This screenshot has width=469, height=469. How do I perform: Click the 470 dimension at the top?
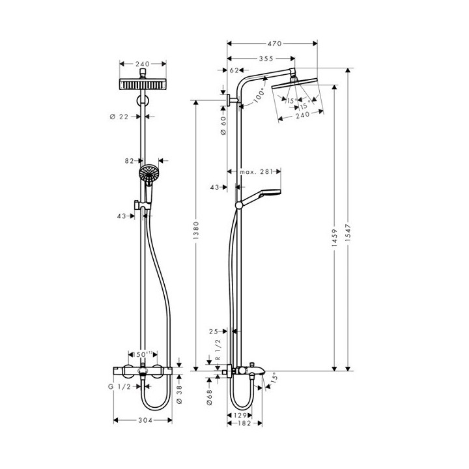(x=272, y=44)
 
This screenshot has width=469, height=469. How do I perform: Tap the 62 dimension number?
(x=233, y=70)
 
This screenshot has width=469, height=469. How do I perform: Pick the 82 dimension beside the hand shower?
(x=130, y=160)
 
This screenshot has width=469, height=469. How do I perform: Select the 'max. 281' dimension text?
(x=255, y=172)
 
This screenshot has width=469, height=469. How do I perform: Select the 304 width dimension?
(x=144, y=420)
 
